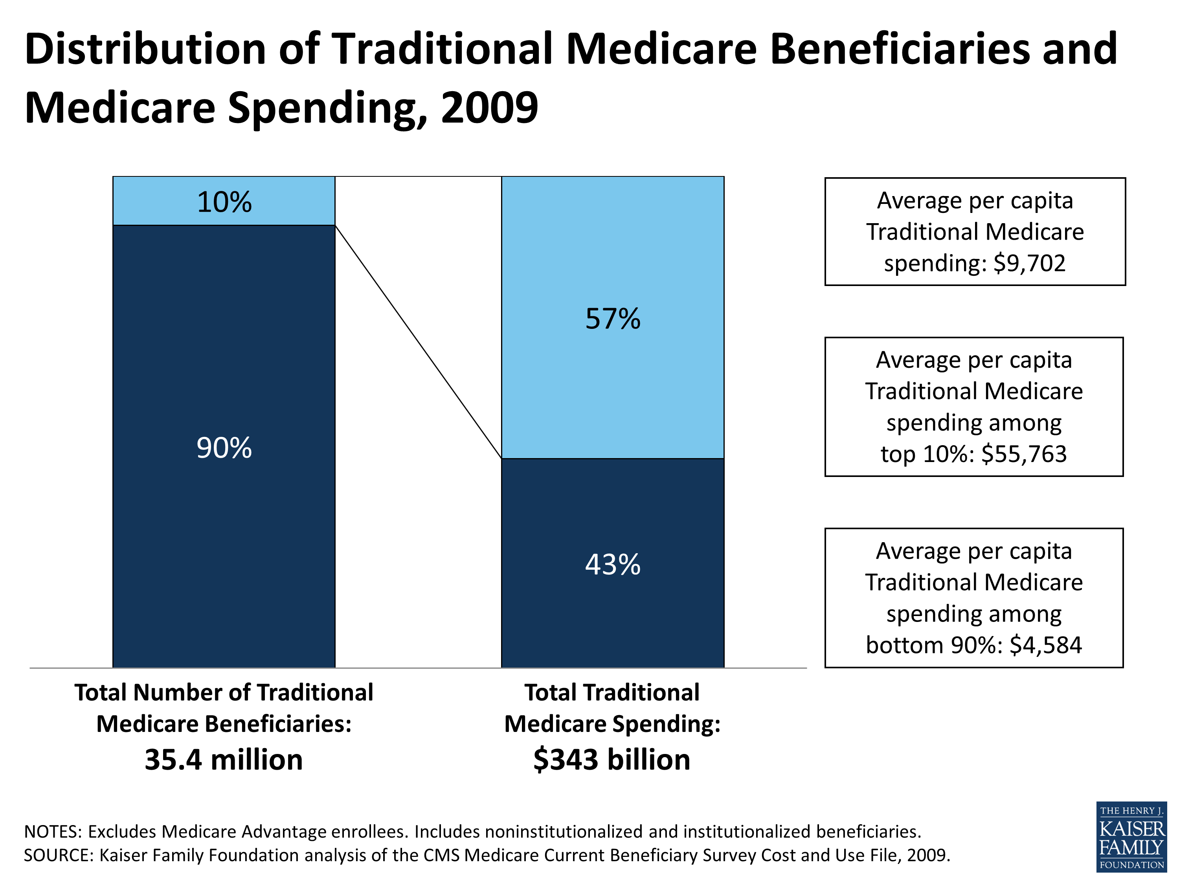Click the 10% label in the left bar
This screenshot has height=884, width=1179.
(224, 202)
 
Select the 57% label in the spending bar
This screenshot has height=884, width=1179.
(612, 319)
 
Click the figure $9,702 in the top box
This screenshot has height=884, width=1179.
(1029, 263)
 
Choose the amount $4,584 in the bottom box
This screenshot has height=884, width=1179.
(1045, 645)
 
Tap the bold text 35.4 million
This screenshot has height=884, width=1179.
(224, 759)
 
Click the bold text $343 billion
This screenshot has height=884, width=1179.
(612, 759)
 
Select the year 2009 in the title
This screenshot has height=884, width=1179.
(489, 108)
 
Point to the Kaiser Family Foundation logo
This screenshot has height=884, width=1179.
(1131, 836)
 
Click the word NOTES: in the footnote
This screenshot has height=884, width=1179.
(53, 832)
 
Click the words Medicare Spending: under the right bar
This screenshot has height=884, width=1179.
(612, 724)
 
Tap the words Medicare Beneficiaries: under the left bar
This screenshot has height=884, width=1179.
(224, 724)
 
